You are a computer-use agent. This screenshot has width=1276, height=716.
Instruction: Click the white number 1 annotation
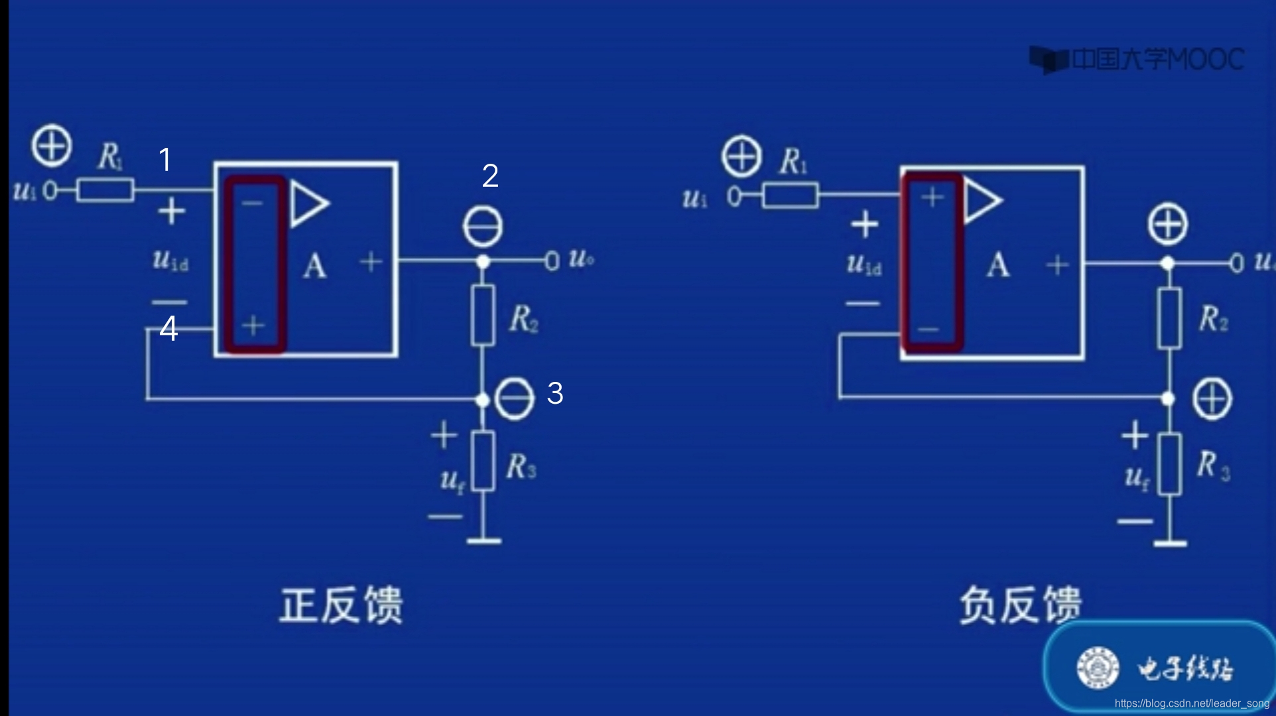click(165, 160)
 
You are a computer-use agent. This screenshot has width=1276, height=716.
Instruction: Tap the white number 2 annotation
click(490, 176)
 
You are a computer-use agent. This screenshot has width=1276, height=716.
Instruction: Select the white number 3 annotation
click(555, 393)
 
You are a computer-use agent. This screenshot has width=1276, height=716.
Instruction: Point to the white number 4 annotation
click(168, 329)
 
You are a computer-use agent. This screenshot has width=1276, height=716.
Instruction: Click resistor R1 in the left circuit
click(105, 190)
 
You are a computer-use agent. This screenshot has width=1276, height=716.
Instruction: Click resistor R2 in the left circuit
click(483, 316)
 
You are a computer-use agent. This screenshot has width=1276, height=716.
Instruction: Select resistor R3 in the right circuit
click(1169, 464)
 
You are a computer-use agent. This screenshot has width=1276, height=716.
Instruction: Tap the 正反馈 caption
click(341, 605)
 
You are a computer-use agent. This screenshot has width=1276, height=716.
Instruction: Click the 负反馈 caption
click(1020, 605)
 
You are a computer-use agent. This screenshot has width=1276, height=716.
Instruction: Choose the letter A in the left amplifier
click(314, 267)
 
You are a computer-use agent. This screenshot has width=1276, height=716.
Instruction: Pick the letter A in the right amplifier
click(997, 265)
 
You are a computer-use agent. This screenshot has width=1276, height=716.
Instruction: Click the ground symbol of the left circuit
click(483, 540)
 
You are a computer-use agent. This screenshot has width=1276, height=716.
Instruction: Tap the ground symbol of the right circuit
click(1169, 543)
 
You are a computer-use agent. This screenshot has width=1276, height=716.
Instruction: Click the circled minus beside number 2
click(483, 227)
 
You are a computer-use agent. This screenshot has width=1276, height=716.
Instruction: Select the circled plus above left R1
click(52, 145)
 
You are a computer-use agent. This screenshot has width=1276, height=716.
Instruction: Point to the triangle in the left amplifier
click(308, 204)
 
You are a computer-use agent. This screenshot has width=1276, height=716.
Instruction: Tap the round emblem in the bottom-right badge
click(1098, 667)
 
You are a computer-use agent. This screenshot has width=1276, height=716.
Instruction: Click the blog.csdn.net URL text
click(1192, 703)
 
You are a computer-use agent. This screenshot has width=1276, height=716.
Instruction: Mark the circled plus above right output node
click(1168, 224)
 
